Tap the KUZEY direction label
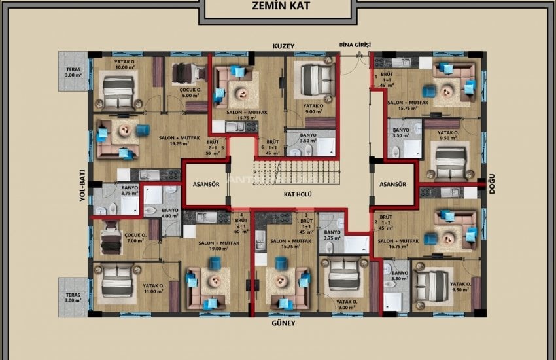[285, 46]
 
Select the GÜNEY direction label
[285, 323]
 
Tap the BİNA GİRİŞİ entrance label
[355, 45]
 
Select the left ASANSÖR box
[205, 185]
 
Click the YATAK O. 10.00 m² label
[124, 64]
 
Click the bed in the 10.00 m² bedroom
[118, 90]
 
